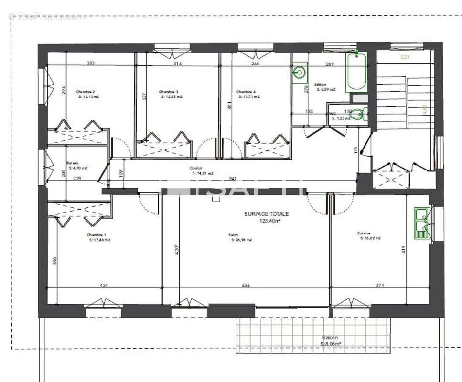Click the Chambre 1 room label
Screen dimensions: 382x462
[97, 235]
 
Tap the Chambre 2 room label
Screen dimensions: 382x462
[86, 92]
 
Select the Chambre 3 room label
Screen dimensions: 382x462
[169, 92]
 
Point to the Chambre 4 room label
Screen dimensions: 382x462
[246, 92]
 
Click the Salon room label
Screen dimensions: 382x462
[234, 235]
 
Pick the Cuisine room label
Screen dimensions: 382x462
[363, 233]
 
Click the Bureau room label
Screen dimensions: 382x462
[73, 162]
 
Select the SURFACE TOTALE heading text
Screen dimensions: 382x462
[267, 215]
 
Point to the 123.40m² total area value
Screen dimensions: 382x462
[269, 221]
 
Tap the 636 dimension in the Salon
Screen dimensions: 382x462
[246, 286]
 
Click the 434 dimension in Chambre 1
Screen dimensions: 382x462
[104, 286]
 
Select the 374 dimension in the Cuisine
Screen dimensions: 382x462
[380, 286]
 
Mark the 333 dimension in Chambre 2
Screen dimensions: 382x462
[90, 63]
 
